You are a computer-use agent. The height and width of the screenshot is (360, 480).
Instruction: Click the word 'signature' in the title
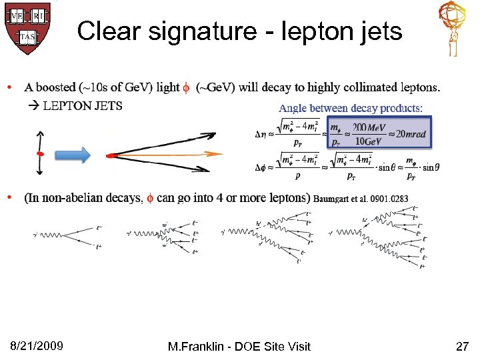pos(201,31)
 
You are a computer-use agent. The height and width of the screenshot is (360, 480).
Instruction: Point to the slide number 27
pos(462,346)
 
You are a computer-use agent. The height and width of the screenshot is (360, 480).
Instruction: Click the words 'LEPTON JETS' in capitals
pos(83,106)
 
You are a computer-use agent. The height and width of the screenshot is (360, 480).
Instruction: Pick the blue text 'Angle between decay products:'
pos(350,108)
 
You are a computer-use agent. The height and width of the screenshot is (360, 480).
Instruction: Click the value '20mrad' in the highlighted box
pos(408,135)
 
